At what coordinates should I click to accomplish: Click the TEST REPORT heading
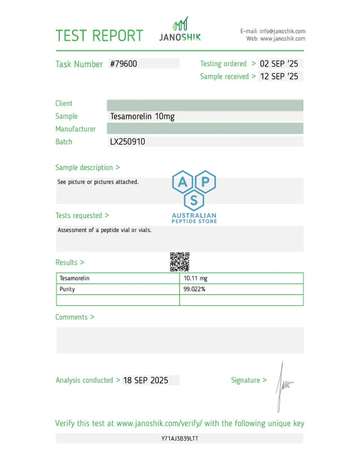[100, 35]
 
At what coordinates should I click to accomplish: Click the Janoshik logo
[180, 30]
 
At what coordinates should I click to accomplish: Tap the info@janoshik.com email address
[282, 31]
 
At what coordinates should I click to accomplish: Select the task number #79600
[124, 64]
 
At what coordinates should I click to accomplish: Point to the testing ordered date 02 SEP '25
[279, 64]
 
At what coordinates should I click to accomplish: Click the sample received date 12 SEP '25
[279, 76]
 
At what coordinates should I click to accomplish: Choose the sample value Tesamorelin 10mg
[142, 116]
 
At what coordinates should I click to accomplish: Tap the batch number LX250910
[128, 142]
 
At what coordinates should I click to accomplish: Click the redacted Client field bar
[205, 104]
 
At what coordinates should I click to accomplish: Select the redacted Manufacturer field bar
[205, 129]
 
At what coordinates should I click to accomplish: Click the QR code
[179, 262]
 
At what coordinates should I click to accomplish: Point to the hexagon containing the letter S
[193, 199]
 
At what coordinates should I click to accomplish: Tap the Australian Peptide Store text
[194, 218]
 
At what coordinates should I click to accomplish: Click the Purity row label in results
[67, 289]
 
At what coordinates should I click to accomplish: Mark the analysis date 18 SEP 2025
[146, 380]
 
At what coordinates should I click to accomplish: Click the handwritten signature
[283, 384]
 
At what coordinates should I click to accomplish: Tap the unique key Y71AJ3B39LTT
[180, 439]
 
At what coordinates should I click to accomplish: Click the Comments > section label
[74, 317]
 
